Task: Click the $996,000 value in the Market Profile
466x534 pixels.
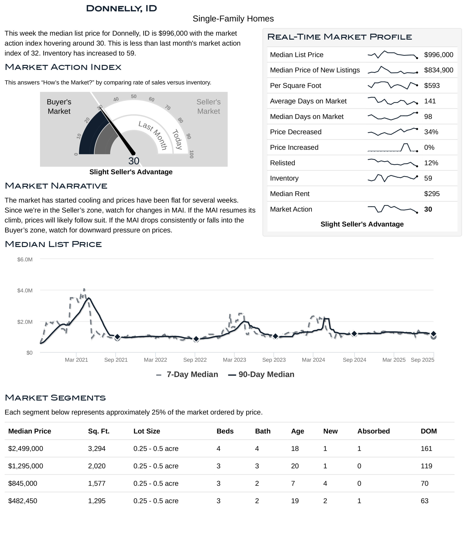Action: click(x=438, y=55)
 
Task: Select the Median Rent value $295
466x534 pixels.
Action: click(x=432, y=194)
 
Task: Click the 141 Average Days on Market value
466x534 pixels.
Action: click(x=430, y=101)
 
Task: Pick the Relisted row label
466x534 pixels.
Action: click(x=282, y=163)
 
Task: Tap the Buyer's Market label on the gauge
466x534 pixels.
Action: click(x=59, y=107)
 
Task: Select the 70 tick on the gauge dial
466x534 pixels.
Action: click(x=168, y=107)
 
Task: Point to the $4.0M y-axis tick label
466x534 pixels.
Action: click(x=25, y=290)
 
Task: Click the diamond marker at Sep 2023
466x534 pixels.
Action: click(x=275, y=336)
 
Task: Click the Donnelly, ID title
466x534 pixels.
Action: click(x=121, y=9)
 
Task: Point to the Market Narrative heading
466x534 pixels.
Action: click(x=56, y=186)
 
